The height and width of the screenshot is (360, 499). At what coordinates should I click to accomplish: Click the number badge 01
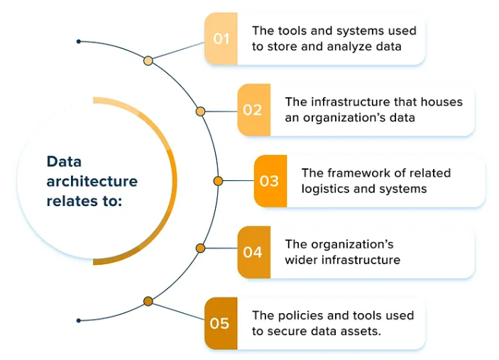click(x=221, y=38)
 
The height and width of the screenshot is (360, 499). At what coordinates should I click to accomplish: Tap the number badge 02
click(x=253, y=110)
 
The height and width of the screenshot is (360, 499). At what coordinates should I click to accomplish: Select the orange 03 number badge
click(x=270, y=181)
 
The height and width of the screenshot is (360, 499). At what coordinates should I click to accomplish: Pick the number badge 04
click(x=253, y=252)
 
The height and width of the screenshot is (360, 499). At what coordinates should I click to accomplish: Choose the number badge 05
click(x=221, y=324)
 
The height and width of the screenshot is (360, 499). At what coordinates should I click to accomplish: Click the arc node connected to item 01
click(x=148, y=61)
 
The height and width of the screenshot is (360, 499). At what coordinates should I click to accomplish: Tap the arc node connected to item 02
click(x=200, y=111)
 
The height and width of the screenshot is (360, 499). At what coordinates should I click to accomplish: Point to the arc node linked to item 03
click(x=218, y=180)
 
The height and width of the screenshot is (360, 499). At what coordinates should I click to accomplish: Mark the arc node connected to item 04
click(x=200, y=249)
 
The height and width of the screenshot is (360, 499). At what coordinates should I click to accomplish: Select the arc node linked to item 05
click(x=148, y=301)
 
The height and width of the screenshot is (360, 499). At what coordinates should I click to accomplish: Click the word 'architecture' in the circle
click(x=92, y=181)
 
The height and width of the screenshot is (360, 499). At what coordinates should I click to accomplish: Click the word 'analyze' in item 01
click(x=352, y=47)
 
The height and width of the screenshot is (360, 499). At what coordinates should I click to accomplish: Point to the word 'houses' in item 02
click(x=441, y=102)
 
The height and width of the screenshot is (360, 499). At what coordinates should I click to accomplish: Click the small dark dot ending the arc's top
click(x=79, y=42)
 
